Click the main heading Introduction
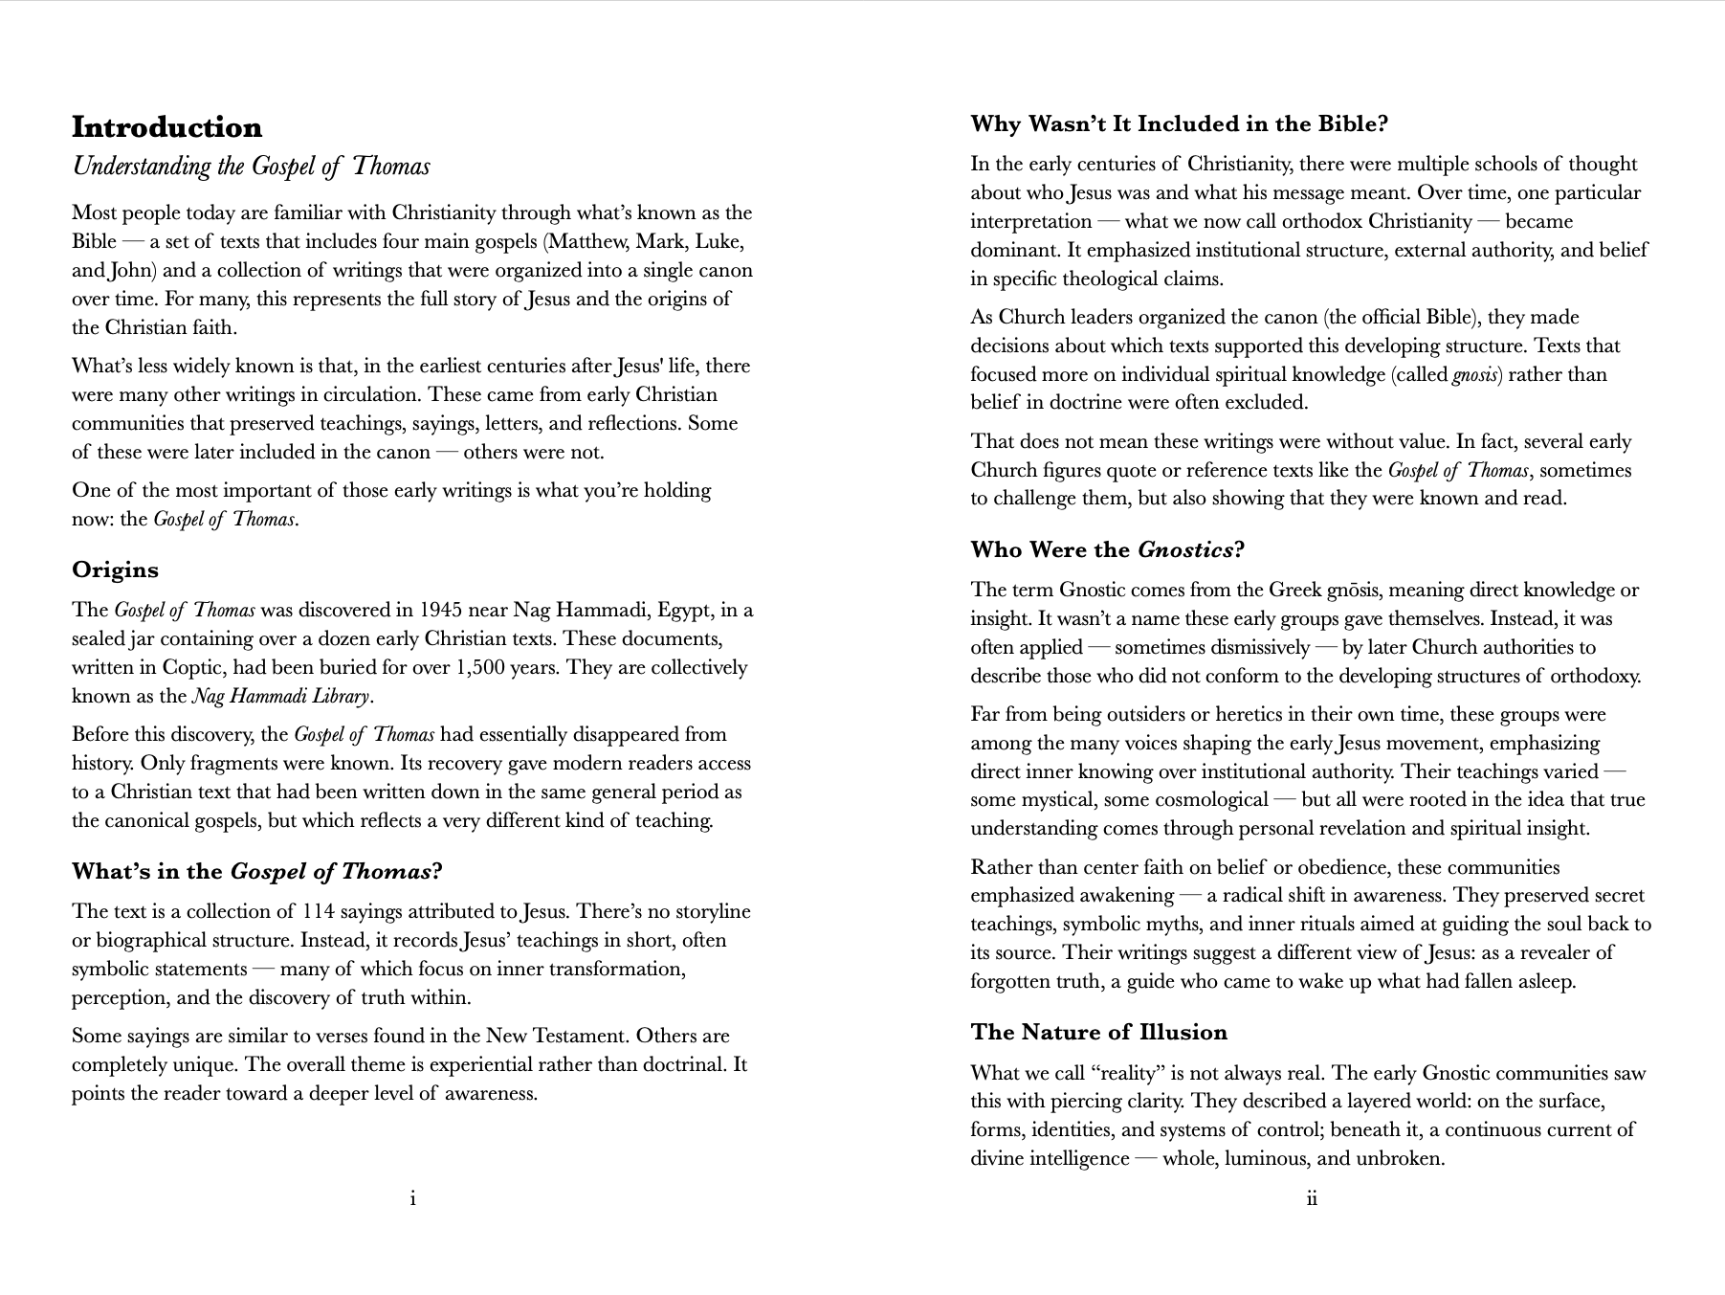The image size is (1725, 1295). [x=166, y=127]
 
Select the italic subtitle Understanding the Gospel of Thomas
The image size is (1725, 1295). [x=251, y=167]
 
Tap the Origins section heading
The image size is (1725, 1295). [x=115, y=569]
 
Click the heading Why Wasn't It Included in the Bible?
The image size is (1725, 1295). [x=1179, y=124]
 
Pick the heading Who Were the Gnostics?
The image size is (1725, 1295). [x=1107, y=549]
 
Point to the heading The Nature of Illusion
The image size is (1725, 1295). [x=1098, y=1032]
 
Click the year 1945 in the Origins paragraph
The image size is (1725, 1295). [x=444, y=611]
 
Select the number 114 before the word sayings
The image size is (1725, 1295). [x=319, y=911]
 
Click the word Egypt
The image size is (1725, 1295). [x=683, y=611]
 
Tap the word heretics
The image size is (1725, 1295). [x=1212, y=714]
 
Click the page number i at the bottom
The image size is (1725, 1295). [x=412, y=1198]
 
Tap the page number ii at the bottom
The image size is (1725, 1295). [x=1311, y=1198]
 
